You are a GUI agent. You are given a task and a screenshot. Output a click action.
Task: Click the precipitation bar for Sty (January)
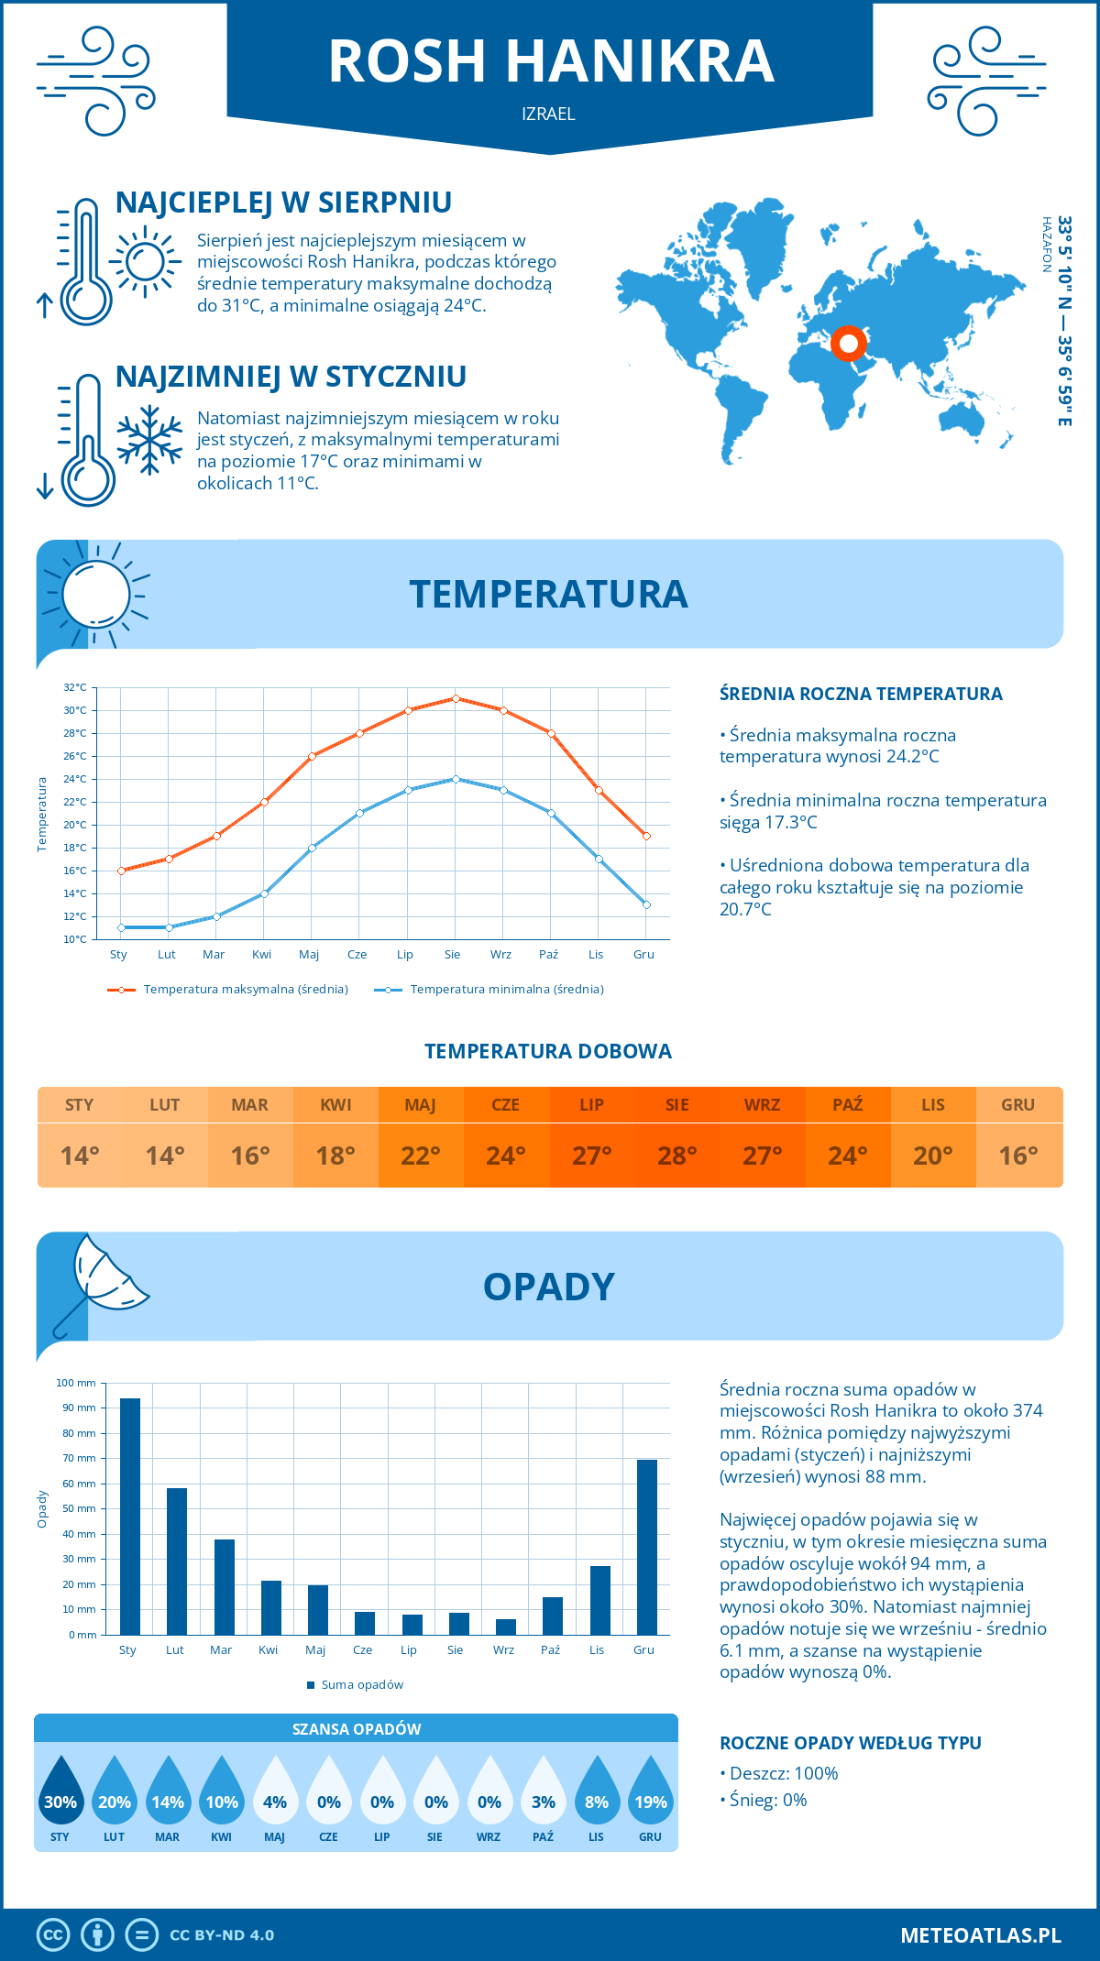(x=130, y=1516)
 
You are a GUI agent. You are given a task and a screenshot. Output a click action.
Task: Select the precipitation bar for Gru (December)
(x=647, y=1547)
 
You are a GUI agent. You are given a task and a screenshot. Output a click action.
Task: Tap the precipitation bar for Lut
(x=177, y=1561)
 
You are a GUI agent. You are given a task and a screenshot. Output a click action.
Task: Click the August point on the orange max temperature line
(x=456, y=698)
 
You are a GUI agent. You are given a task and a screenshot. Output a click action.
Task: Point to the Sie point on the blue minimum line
(x=456, y=779)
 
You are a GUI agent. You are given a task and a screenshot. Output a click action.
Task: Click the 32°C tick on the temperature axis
(x=75, y=687)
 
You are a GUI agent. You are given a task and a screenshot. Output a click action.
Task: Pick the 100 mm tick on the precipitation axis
(x=76, y=1383)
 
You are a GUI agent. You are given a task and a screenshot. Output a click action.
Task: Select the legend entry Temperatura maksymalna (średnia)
(x=246, y=990)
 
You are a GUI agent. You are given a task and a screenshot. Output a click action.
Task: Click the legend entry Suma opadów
(x=362, y=1685)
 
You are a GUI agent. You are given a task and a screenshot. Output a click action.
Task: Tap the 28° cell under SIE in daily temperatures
(x=676, y=1156)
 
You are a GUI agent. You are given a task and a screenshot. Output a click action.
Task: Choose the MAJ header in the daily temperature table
(x=421, y=1105)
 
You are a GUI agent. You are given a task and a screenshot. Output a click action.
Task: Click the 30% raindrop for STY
(x=60, y=1791)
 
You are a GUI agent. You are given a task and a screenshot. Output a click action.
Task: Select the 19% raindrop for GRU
(x=651, y=1791)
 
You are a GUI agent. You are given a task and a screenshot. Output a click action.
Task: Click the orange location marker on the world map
(x=849, y=344)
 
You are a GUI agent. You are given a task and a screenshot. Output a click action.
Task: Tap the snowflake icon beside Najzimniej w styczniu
(x=149, y=440)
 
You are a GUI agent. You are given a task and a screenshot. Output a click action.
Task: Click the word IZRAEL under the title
(x=548, y=114)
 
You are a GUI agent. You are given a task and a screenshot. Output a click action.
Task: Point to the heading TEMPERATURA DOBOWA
(x=548, y=1051)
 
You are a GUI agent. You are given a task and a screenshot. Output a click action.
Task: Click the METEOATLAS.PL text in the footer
(x=981, y=1935)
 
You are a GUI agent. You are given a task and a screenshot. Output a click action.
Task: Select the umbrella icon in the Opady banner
(x=101, y=1280)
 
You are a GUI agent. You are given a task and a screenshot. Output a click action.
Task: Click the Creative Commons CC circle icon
(x=53, y=1935)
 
